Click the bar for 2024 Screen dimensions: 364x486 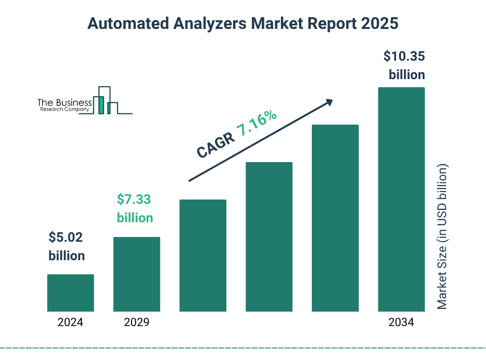click(70, 293)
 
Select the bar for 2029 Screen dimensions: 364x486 click(137, 274)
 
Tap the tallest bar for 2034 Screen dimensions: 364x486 click(401, 199)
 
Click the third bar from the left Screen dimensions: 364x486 click(203, 255)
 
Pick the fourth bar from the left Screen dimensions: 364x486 click(269, 237)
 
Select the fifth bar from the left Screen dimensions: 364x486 click(335, 218)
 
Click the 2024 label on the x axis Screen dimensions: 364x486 click(70, 323)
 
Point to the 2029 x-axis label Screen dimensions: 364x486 click(137, 323)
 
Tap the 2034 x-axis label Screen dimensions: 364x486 click(401, 323)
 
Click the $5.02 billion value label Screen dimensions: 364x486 click(66, 246)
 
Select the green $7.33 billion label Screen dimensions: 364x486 click(135, 209)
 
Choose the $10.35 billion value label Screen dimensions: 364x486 click(404, 65)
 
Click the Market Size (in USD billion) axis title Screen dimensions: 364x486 click(442, 237)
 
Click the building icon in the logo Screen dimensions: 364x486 click(107, 100)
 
